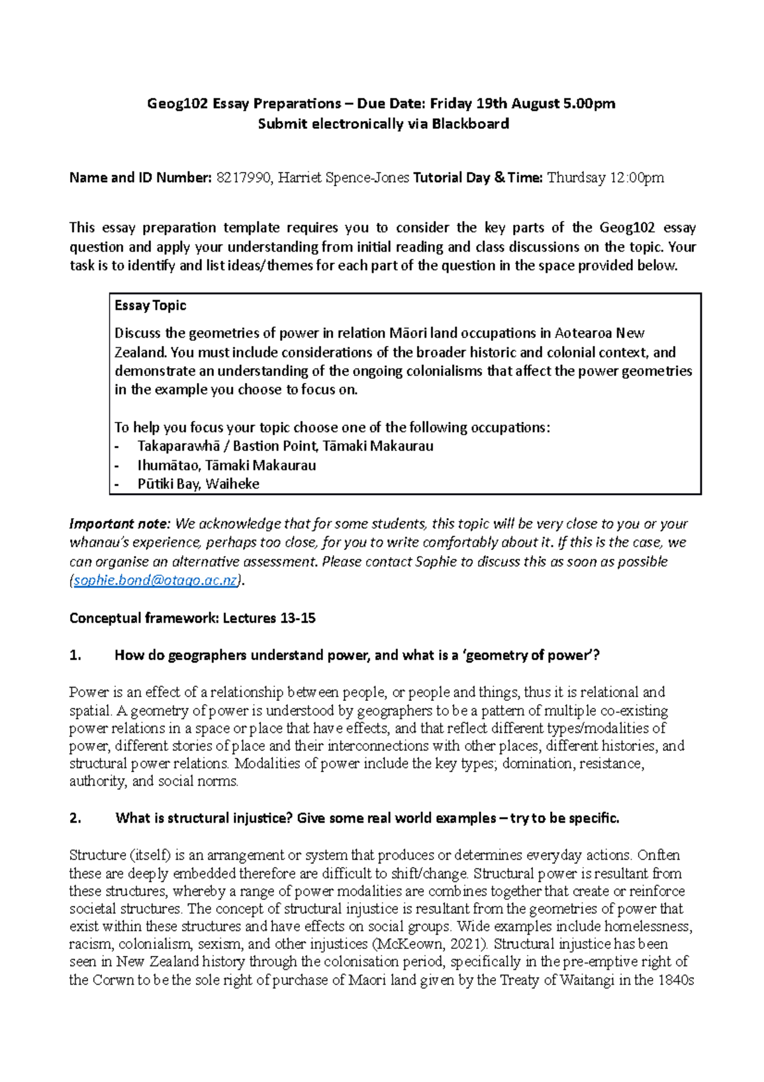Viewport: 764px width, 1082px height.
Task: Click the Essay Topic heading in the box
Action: [150, 305]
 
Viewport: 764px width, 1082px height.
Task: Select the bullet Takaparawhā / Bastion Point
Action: [285, 446]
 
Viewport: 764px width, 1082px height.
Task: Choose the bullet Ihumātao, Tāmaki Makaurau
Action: [227, 465]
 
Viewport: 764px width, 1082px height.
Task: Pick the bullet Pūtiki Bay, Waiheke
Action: [198, 484]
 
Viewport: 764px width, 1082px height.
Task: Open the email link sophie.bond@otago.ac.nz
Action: [155, 581]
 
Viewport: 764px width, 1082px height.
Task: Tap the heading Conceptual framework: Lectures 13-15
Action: [192, 618]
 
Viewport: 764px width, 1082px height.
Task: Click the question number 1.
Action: [75, 655]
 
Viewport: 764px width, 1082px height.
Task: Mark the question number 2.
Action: [75, 818]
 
